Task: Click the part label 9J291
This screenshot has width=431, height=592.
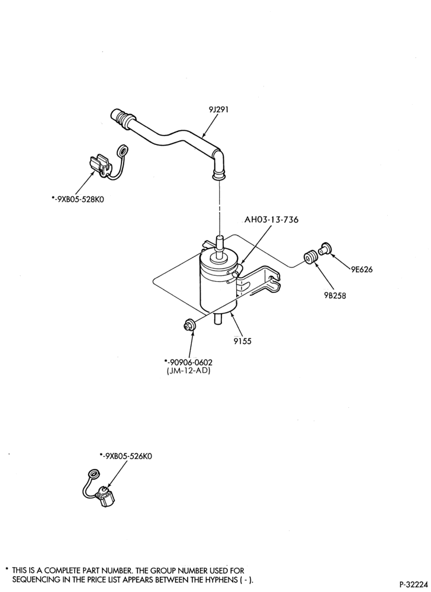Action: click(218, 110)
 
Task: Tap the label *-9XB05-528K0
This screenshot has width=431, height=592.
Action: click(78, 199)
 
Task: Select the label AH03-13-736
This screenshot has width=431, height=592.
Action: click(271, 219)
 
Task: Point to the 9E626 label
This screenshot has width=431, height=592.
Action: click(362, 269)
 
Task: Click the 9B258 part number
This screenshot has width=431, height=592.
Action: click(334, 295)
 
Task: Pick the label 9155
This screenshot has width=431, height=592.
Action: click(242, 342)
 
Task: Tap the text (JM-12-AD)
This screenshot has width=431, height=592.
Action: click(188, 371)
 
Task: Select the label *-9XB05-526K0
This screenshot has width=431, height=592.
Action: click(126, 456)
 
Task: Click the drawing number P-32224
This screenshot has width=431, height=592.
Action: click(414, 584)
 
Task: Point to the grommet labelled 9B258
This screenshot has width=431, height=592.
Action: click(311, 259)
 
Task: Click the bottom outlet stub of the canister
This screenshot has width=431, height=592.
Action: click(218, 318)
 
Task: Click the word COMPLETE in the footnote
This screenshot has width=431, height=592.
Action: click(61, 570)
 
